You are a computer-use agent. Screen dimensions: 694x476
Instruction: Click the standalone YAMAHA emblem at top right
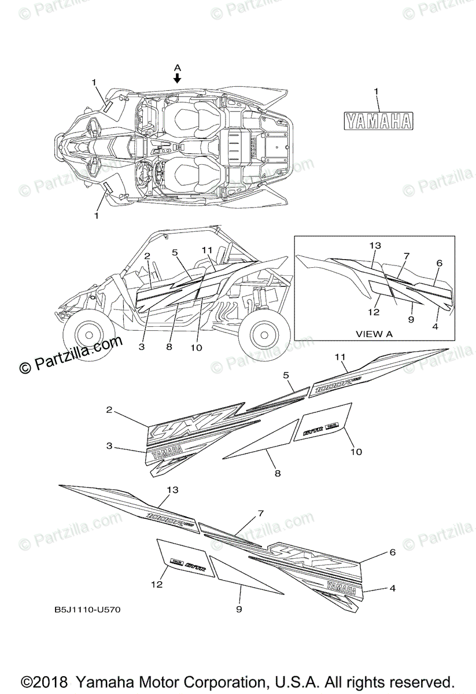[x=379, y=120]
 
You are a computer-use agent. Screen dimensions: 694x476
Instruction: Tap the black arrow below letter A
[x=178, y=78]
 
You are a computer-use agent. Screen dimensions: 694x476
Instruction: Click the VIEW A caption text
[x=373, y=333]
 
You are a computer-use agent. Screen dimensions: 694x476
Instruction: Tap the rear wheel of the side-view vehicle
[x=265, y=334]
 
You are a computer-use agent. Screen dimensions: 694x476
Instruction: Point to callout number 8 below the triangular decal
[x=278, y=473]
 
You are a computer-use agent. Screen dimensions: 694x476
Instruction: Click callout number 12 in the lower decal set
[x=157, y=585]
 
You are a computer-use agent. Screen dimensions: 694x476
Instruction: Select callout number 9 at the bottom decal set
[x=239, y=609]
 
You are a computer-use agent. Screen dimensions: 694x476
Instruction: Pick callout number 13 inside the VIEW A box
[x=375, y=245]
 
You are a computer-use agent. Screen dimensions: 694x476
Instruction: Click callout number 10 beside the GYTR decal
[x=356, y=452]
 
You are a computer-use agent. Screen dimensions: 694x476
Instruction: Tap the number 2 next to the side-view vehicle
[x=147, y=255]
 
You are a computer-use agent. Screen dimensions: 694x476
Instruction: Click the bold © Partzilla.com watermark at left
[x=71, y=355]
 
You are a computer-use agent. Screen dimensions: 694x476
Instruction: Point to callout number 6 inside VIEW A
[x=440, y=263]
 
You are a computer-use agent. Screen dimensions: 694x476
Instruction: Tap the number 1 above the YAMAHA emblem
[x=376, y=91]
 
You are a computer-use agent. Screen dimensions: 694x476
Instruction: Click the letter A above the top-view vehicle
[x=178, y=67]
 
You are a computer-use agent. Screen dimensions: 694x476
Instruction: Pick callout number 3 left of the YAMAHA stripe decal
[x=109, y=446]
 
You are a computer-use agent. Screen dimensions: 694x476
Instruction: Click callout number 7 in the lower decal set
[x=261, y=513]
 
